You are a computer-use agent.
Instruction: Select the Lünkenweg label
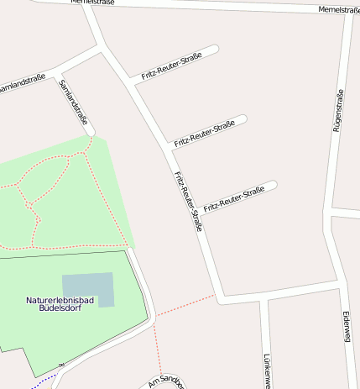coord(266,370)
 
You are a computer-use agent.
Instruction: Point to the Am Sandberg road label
coord(164,381)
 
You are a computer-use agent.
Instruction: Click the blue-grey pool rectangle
coord(87,288)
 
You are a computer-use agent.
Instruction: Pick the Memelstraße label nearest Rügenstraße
coord(339,9)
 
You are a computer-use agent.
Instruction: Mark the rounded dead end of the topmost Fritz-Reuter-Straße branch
coord(215,49)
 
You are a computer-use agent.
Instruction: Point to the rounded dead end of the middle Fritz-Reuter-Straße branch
coord(243,118)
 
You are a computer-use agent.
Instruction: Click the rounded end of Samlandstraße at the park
coord(90,131)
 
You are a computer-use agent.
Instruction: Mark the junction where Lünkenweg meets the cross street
coord(263,297)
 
